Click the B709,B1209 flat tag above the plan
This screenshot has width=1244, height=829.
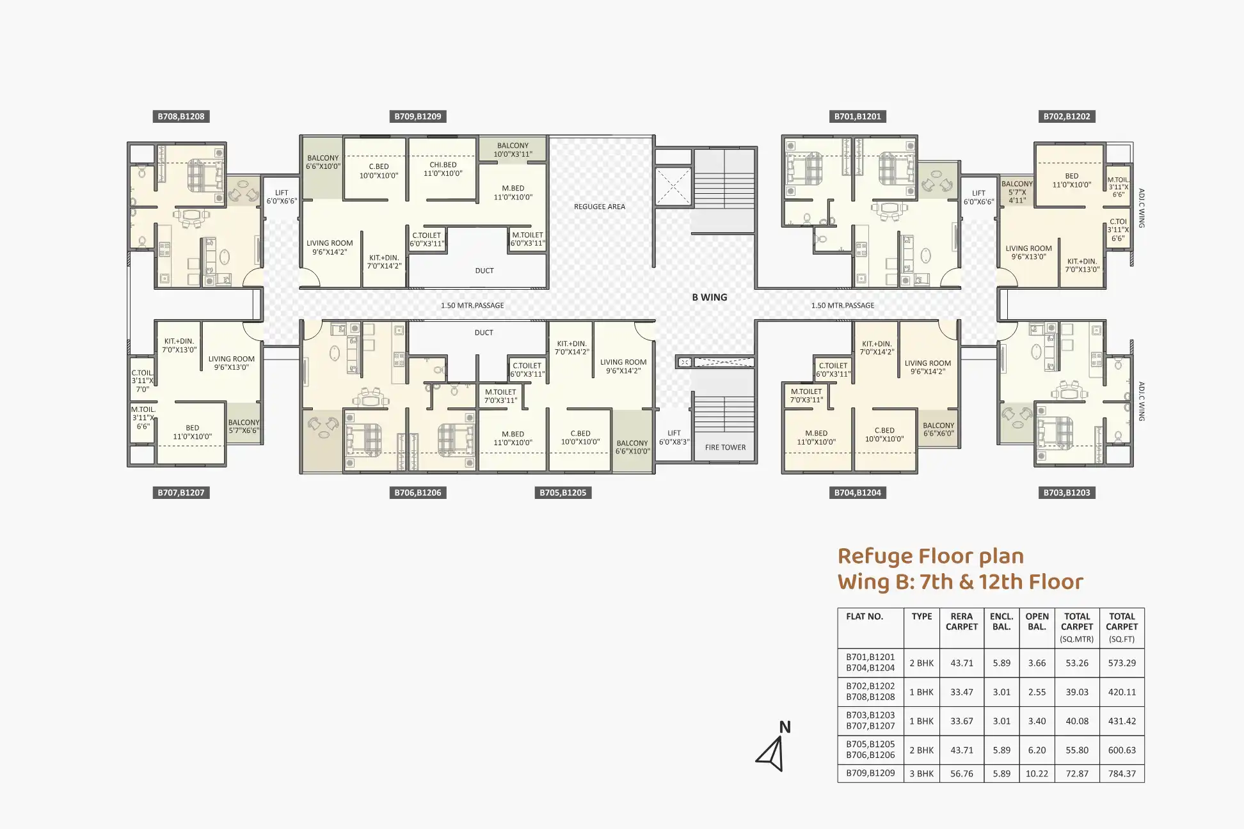pos(418,116)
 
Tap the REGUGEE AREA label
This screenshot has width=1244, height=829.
pos(600,207)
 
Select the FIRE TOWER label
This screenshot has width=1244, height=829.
pos(725,448)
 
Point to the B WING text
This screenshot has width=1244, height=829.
pos(710,297)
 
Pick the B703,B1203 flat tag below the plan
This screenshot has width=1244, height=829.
pos(1067,493)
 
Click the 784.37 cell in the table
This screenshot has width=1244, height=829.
pos(1122,773)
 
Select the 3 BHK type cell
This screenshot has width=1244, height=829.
pos(921,773)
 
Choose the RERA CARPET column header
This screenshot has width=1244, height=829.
pos(962,622)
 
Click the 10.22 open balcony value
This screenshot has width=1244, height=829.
pos(1037,773)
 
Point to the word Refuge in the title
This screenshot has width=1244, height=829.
pos(876,557)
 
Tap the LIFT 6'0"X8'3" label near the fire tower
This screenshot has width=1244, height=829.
pos(674,438)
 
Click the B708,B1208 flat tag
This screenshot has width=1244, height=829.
pos(181,116)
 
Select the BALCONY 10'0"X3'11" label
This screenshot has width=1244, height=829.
pos(513,150)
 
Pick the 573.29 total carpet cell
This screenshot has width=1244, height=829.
pos(1122,663)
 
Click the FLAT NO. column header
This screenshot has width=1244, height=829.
pos(865,617)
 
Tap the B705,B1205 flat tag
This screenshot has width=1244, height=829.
pos(563,493)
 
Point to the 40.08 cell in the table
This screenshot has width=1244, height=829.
pos(1077,721)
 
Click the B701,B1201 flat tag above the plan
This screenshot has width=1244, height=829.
pos(857,116)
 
